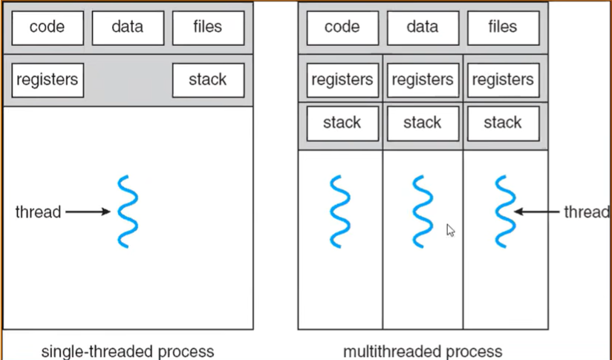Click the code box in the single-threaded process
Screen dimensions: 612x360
pos(48,27)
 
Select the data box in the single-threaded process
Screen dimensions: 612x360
pos(128,27)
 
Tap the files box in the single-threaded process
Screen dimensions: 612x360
pos(209,27)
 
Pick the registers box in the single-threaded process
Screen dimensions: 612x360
pos(48,80)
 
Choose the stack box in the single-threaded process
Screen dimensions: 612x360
pos(209,80)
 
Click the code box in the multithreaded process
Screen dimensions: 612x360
pos(342,27)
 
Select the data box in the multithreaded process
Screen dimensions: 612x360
pos(423,27)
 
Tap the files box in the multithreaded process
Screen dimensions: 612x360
pos(504,27)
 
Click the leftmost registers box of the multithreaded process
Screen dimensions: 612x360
pos(342,80)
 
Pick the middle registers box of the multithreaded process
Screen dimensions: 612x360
pos(423,80)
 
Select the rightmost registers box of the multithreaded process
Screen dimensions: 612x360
pos(504,80)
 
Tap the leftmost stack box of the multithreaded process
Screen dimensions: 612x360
pos(342,123)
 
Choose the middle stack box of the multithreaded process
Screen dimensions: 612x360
pos(423,123)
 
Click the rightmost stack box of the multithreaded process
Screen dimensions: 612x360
pos(504,123)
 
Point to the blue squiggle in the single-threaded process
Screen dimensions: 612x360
pos(128,212)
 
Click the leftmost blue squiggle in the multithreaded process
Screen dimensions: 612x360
pos(340,212)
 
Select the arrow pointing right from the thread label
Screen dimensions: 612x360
pos(88,212)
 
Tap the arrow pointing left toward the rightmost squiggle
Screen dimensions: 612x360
pos(537,212)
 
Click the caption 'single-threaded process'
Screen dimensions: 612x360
pos(128,351)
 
